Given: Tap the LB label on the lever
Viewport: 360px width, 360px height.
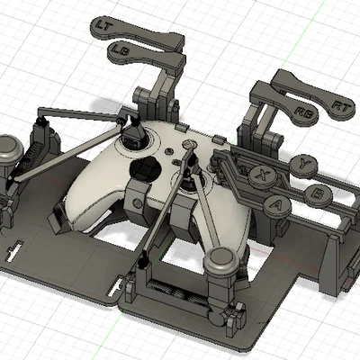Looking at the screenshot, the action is pyautogui.click(x=119, y=49).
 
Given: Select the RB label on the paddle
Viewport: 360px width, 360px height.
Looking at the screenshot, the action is pyautogui.click(x=303, y=112).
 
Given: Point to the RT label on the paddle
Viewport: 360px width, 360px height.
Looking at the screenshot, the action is pyautogui.click(x=341, y=106).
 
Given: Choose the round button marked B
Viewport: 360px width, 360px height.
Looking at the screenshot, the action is pyautogui.click(x=319, y=194).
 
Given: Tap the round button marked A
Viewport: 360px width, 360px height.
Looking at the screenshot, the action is pyautogui.click(x=277, y=205).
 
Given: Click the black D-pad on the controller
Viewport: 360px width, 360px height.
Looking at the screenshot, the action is pyautogui.click(x=143, y=168).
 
